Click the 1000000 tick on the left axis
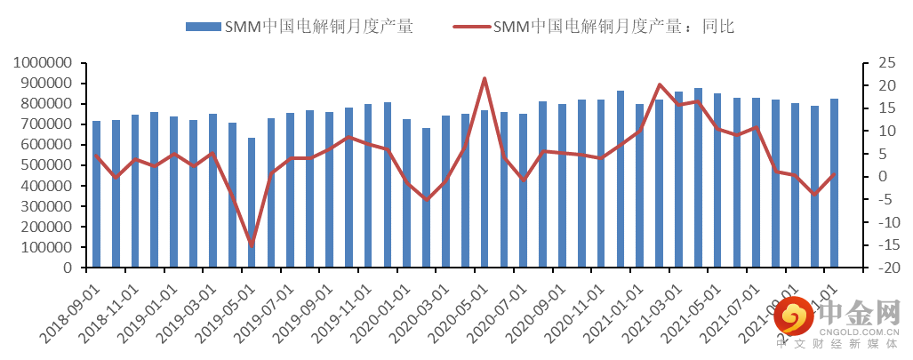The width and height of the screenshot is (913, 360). pos(44,63)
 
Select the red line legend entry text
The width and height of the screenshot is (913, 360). pos(613,27)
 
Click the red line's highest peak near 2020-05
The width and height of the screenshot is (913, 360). pos(485,78)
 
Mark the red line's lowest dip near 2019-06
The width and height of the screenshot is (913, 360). pos(252,244)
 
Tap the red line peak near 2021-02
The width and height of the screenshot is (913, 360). pos(660,84)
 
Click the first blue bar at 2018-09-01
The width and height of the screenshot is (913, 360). pos(96,194)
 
